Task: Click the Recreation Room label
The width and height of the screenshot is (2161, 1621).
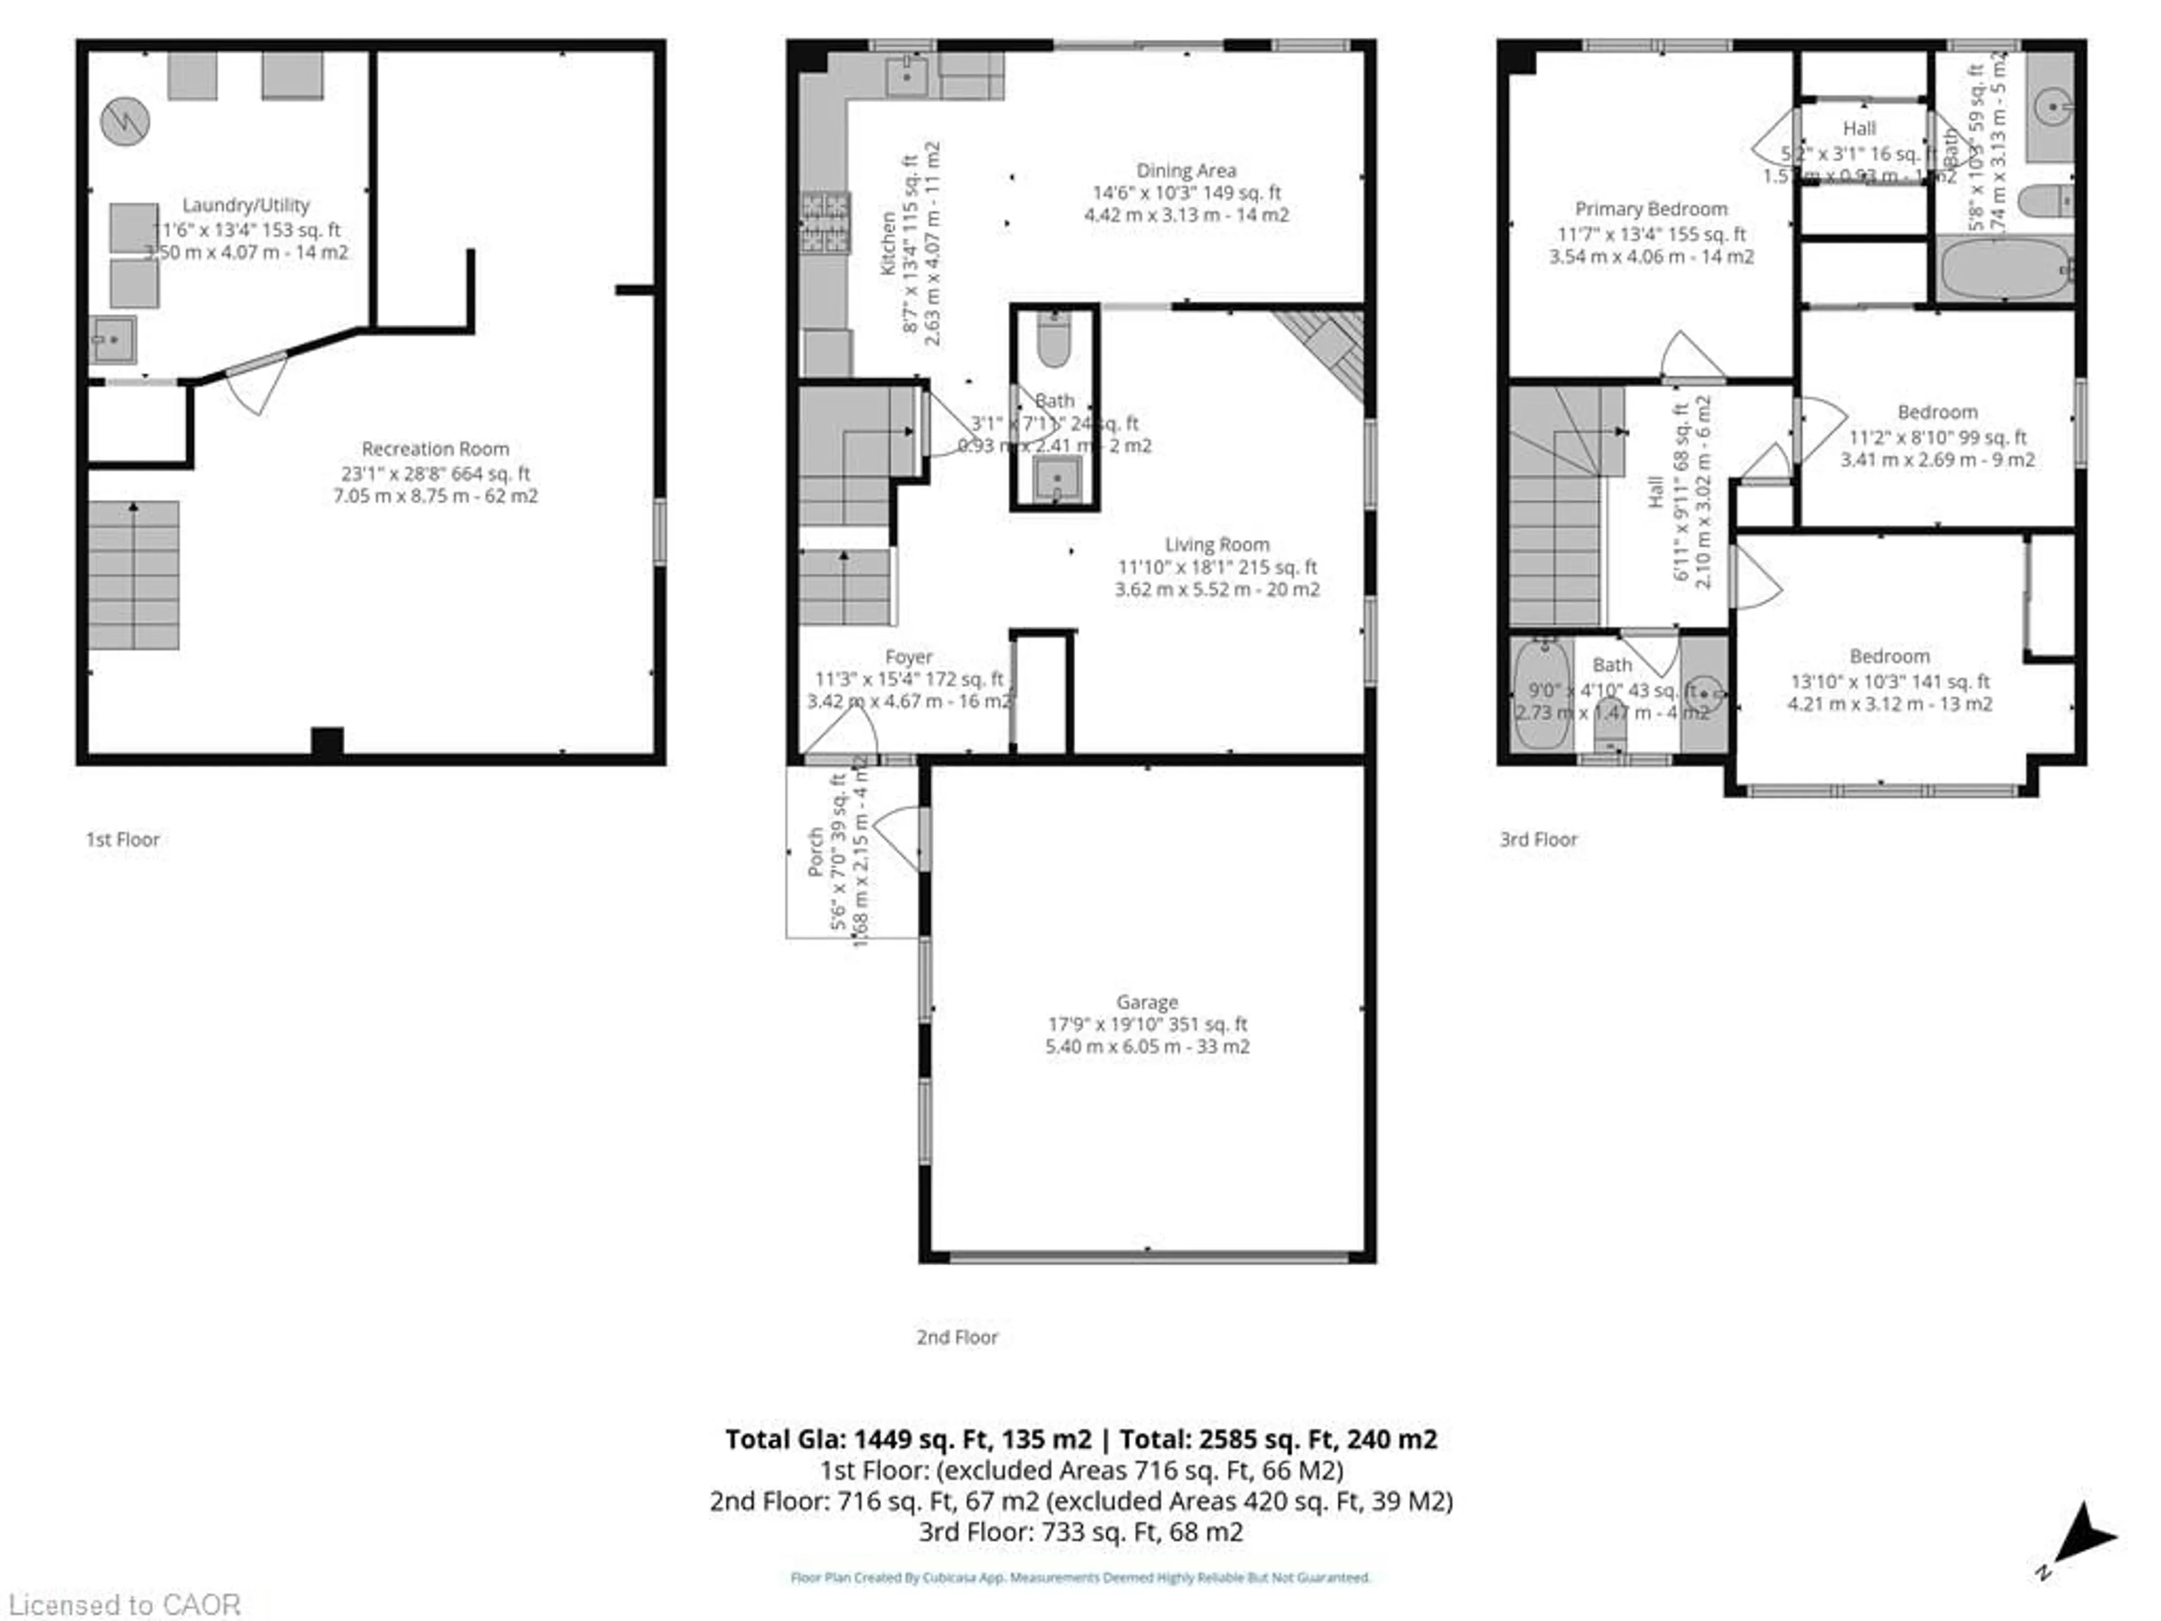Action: click(x=435, y=449)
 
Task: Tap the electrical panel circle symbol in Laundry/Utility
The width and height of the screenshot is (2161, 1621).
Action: click(x=125, y=122)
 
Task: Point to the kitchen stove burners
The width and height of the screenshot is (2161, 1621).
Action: click(x=824, y=223)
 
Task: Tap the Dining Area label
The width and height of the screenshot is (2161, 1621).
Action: click(x=1185, y=170)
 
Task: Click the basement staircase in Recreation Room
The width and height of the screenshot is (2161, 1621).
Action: click(x=134, y=575)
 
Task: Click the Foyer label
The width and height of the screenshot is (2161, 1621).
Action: click(x=908, y=657)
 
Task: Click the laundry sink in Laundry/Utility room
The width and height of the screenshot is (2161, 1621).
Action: click(x=113, y=339)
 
